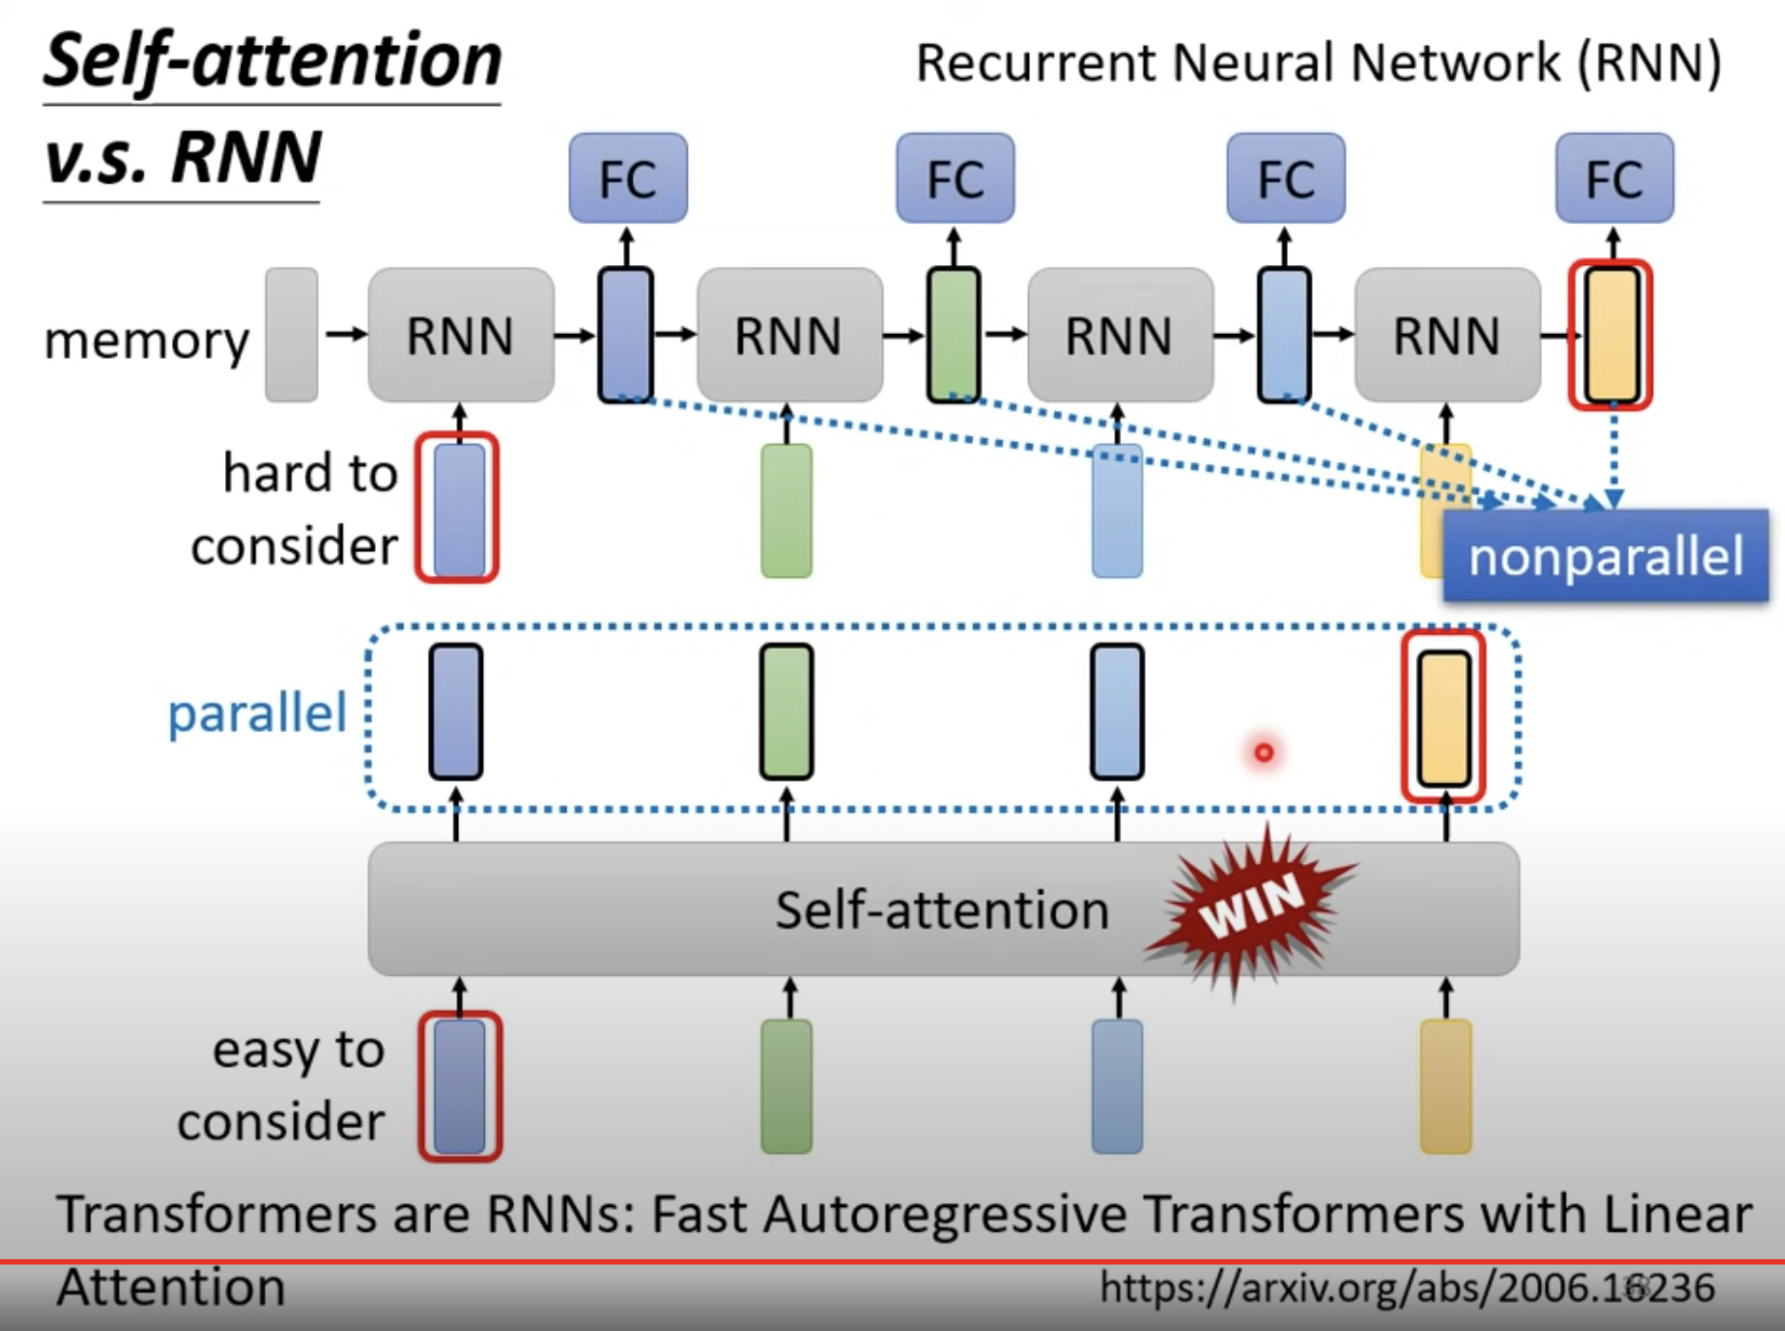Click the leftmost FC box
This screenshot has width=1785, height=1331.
click(627, 178)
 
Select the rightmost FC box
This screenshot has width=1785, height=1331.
click(1614, 178)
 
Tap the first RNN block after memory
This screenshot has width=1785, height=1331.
click(461, 335)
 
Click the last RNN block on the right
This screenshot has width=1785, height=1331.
click(1447, 335)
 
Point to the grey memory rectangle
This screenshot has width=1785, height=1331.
click(292, 335)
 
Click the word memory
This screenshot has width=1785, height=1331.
click(146, 339)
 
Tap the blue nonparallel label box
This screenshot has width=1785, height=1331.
click(1605, 557)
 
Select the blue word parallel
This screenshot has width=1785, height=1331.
click(257, 712)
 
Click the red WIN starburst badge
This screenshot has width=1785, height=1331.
click(1250, 908)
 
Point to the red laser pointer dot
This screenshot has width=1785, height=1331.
click(1264, 752)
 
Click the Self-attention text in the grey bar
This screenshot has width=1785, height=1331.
click(942, 910)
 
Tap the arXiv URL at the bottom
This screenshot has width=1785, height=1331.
click(1407, 1287)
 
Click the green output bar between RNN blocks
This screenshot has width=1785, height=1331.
click(954, 335)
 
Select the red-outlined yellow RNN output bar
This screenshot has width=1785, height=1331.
click(1611, 335)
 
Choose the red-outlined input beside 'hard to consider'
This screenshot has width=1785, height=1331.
click(457, 508)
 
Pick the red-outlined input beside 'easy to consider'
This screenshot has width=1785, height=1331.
click(460, 1086)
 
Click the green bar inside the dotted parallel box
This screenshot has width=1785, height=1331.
click(787, 712)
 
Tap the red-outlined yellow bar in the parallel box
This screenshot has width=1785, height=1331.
click(1444, 716)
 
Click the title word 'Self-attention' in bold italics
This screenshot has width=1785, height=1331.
click(272, 60)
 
